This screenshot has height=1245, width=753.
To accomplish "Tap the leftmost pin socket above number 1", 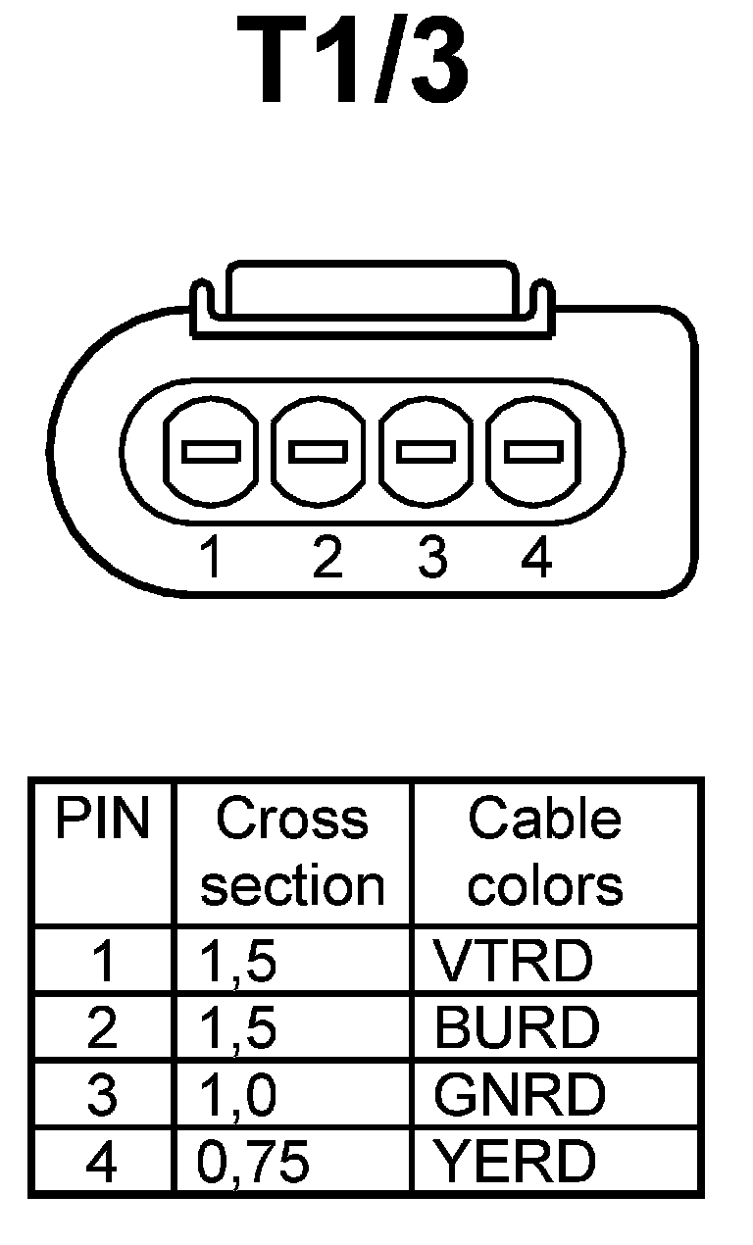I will (x=211, y=452).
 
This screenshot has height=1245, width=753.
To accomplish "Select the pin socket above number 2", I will (x=319, y=452).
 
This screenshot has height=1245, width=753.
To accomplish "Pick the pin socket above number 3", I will (x=426, y=452).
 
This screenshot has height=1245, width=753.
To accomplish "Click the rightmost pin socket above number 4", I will (x=533, y=452).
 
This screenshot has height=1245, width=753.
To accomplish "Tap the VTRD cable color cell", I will (x=514, y=962).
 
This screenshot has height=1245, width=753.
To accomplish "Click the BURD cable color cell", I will (x=516, y=1027).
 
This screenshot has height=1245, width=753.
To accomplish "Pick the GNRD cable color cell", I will (x=520, y=1095).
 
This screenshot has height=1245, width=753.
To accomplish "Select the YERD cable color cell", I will (x=515, y=1162).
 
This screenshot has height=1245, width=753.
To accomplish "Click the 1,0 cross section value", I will (x=237, y=1095).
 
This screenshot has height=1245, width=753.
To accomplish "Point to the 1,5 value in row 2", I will (x=237, y=1027).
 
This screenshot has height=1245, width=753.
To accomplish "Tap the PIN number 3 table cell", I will (x=102, y=1095).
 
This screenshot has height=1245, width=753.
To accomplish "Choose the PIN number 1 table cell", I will (x=102, y=962).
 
